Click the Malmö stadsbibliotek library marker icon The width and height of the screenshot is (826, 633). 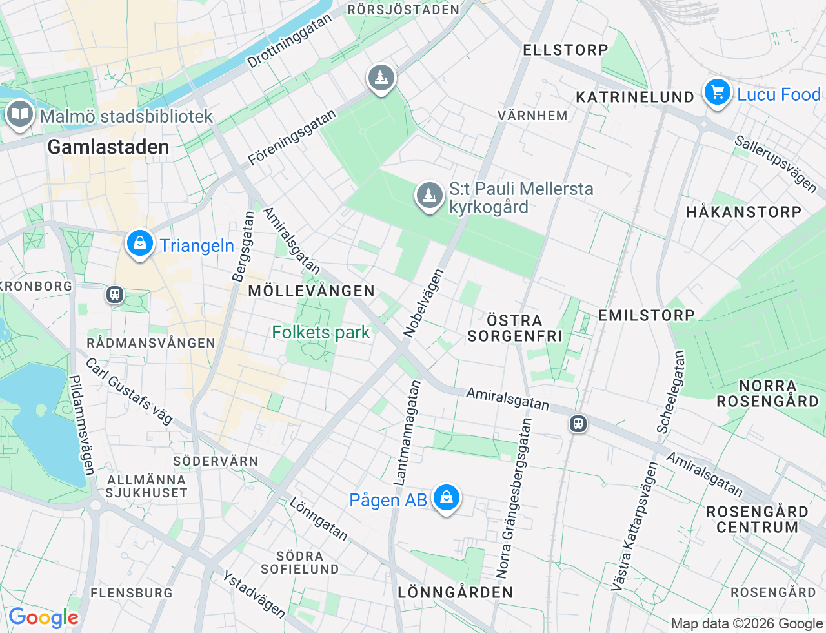[20, 115]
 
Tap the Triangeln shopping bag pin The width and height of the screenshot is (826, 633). [139, 244]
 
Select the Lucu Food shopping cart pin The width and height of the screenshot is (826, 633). [717, 92]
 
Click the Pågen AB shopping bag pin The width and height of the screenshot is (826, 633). [446, 498]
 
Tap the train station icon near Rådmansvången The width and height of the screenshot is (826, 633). [115, 295]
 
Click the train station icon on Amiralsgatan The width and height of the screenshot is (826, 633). [578, 424]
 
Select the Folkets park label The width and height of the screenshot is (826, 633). [321, 332]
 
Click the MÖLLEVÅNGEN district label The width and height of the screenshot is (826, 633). [311, 291]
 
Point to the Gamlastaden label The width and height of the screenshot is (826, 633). [108, 147]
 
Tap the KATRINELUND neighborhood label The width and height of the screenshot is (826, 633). [635, 97]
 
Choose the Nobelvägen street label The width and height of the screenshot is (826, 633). [423, 303]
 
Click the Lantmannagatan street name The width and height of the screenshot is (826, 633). [407, 433]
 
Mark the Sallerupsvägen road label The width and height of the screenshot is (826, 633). [776, 164]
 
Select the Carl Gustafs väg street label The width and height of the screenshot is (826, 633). [129, 391]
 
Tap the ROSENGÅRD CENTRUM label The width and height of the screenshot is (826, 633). [757, 519]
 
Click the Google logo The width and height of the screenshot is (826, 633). [43, 617]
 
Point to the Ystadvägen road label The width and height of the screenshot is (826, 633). [254, 594]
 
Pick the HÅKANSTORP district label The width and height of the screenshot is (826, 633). [743, 212]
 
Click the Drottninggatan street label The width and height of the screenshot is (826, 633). [289, 40]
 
